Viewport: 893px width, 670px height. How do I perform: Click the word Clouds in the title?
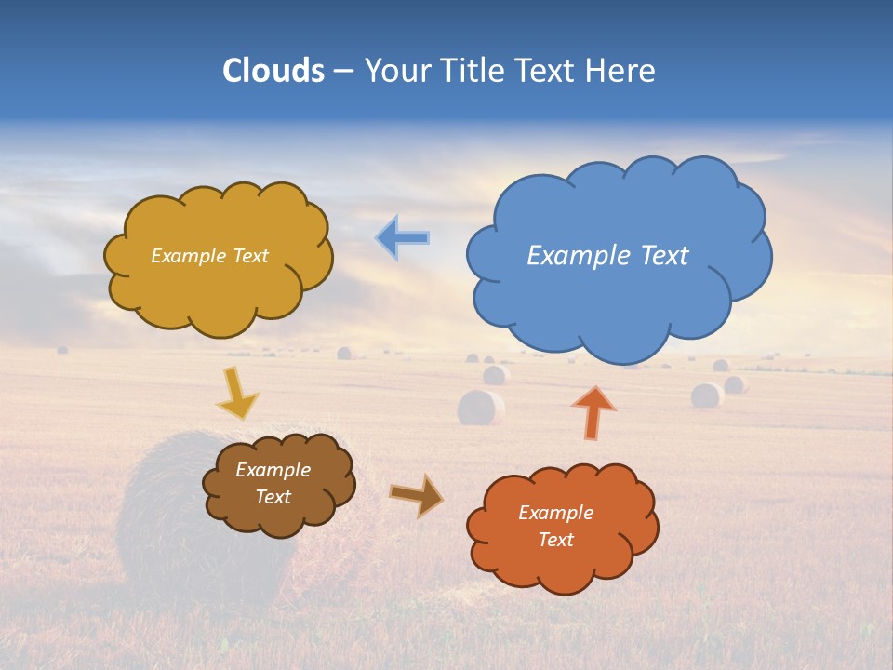pyautogui.click(x=273, y=71)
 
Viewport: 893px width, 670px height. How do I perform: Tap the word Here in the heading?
pyautogui.click(x=621, y=71)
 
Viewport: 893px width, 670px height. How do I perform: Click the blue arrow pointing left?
pyautogui.click(x=402, y=237)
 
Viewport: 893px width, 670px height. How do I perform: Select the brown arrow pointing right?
pyautogui.click(x=416, y=495)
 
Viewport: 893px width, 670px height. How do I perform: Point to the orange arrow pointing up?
pyautogui.click(x=593, y=412)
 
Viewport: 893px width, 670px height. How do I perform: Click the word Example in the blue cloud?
pyautogui.click(x=569, y=256)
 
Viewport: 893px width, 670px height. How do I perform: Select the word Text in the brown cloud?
pyautogui.click(x=273, y=497)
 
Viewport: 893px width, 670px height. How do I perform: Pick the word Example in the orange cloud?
pyautogui.click(x=555, y=513)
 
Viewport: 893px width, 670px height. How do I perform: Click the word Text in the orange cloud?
pyautogui.click(x=555, y=540)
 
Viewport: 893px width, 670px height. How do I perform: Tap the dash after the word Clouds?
pyautogui.click(x=343, y=72)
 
